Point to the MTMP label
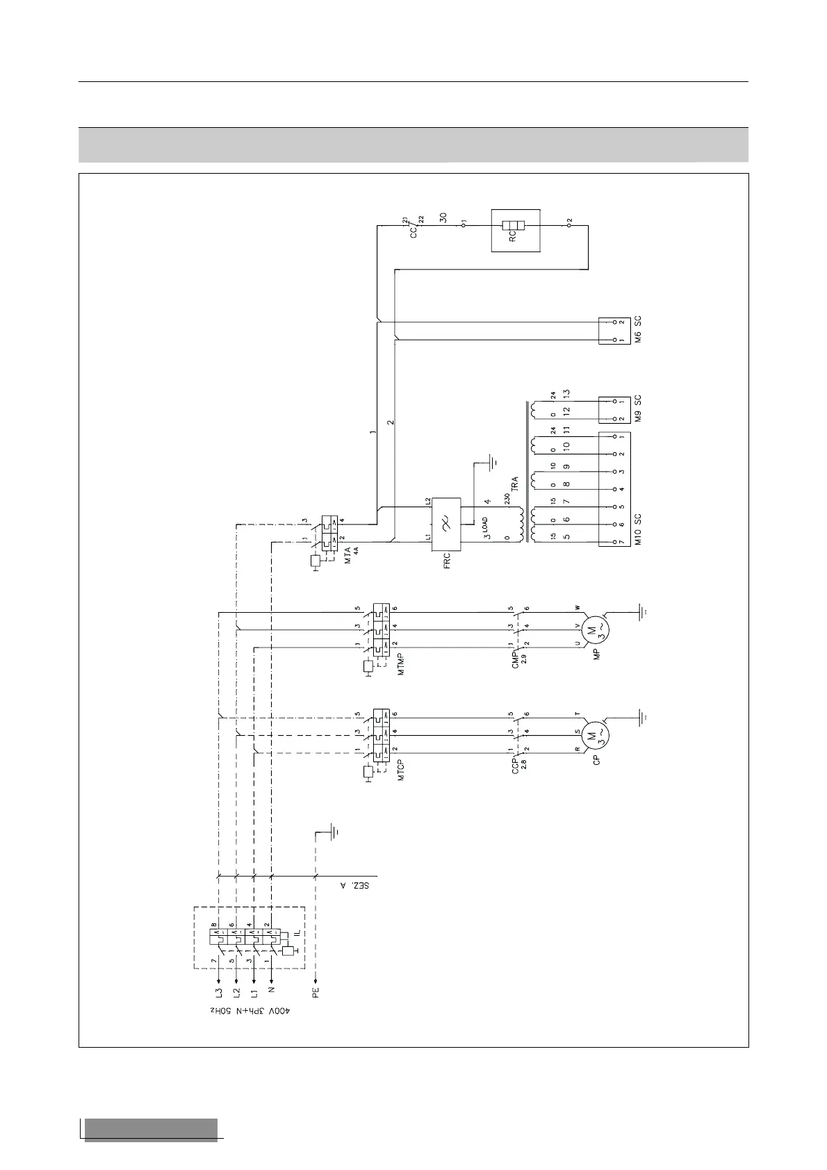[x=401, y=665]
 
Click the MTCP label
[x=401, y=769]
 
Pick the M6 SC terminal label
[x=638, y=329]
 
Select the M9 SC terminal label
[x=638, y=409]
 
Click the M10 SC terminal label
[x=638, y=529]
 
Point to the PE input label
[x=316, y=991]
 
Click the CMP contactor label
[x=515, y=656]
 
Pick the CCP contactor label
[x=515, y=765]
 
